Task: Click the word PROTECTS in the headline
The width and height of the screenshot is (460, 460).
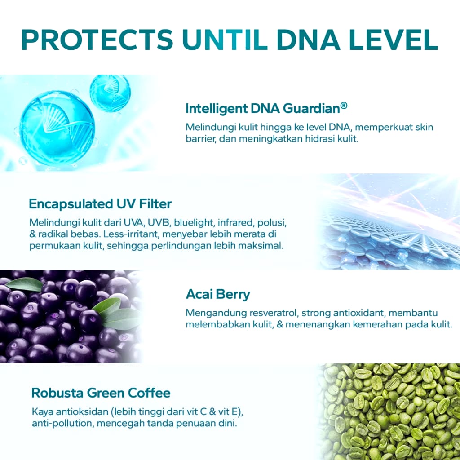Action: tap(97, 40)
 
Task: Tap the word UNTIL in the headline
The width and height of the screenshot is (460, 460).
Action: tap(225, 40)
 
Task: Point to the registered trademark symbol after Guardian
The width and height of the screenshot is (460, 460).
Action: tap(344, 105)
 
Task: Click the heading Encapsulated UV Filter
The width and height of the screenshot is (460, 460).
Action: tap(100, 204)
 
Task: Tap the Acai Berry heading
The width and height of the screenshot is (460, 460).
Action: tap(218, 294)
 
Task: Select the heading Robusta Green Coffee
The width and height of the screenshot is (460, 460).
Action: tap(101, 393)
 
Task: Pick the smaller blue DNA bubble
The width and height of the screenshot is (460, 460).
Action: tap(110, 93)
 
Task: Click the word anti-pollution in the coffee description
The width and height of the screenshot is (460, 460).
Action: tap(63, 423)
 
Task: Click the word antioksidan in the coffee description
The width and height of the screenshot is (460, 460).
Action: tap(82, 411)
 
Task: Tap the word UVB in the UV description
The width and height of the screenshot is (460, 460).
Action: tap(159, 223)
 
